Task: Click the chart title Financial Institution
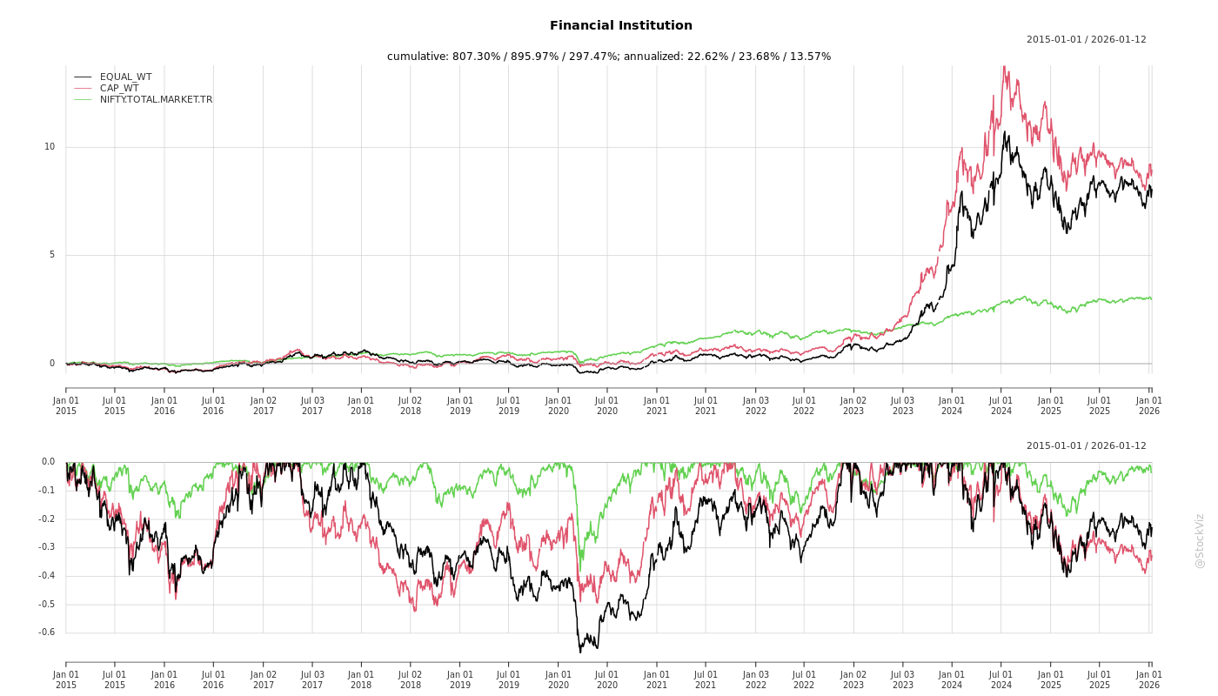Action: [x=621, y=26]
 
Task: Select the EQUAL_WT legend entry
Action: [x=125, y=77]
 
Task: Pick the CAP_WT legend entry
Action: [x=119, y=88]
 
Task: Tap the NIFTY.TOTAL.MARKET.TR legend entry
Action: [x=156, y=99]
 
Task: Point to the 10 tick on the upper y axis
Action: [x=50, y=147]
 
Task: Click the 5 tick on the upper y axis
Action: [x=52, y=255]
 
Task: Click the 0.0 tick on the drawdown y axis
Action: [x=47, y=462]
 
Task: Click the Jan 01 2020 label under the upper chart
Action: [x=559, y=405]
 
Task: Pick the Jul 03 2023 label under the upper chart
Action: [x=903, y=405]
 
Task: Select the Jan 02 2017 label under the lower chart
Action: [x=263, y=679]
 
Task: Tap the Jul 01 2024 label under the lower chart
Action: [x=1001, y=679]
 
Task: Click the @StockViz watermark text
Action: [x=1200, y=540]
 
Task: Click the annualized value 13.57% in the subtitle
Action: [x=809, y=57]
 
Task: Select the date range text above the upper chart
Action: [x=1086, y=39]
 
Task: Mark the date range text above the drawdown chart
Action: [x=1086, y=445]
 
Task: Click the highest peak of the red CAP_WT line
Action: [x=1004, y=66]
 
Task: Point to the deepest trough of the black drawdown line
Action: [x=580, y=652]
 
